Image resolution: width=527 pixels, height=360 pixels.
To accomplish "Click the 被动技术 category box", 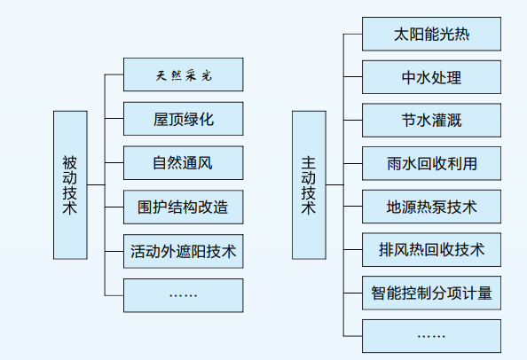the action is tap(70, 185).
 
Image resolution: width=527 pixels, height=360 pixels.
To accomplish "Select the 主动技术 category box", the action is tap(309, 185).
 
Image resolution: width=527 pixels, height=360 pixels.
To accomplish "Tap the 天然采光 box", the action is tap(183, 74).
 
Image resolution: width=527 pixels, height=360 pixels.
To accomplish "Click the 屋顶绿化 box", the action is tap(183, 119).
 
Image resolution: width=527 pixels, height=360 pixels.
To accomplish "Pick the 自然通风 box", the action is tap(183, 163).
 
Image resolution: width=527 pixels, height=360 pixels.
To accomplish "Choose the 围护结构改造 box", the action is tap(183, 207).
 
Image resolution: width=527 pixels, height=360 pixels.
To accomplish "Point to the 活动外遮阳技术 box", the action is tap(183, 251).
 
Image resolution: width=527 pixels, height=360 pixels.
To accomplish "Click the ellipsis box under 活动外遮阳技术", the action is tap(183, 295).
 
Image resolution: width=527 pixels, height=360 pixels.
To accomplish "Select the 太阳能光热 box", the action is tap(431, 34).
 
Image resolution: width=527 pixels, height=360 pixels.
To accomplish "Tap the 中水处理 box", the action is tap(431, 77).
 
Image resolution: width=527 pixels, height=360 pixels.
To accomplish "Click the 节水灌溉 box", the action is tap(431, 121).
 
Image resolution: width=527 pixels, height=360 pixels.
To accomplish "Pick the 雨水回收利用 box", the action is tap(431, 163).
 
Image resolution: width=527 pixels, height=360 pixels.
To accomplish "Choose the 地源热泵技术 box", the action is tap(431, 207).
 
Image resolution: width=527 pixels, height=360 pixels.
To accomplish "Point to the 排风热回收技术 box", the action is tap(431, 249).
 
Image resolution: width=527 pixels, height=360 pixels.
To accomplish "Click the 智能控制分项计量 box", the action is tap(431, 293).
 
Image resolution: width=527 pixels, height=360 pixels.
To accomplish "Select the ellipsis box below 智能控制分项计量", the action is tap(431, 336).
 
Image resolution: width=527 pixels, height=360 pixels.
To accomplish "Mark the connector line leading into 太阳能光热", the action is tap(352, 34).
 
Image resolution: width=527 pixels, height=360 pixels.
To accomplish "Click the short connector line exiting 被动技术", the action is tap(96, 184).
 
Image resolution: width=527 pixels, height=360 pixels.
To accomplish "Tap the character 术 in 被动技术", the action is tap(70, 207).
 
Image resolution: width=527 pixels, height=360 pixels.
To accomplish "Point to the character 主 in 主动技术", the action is tap(309, 162).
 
